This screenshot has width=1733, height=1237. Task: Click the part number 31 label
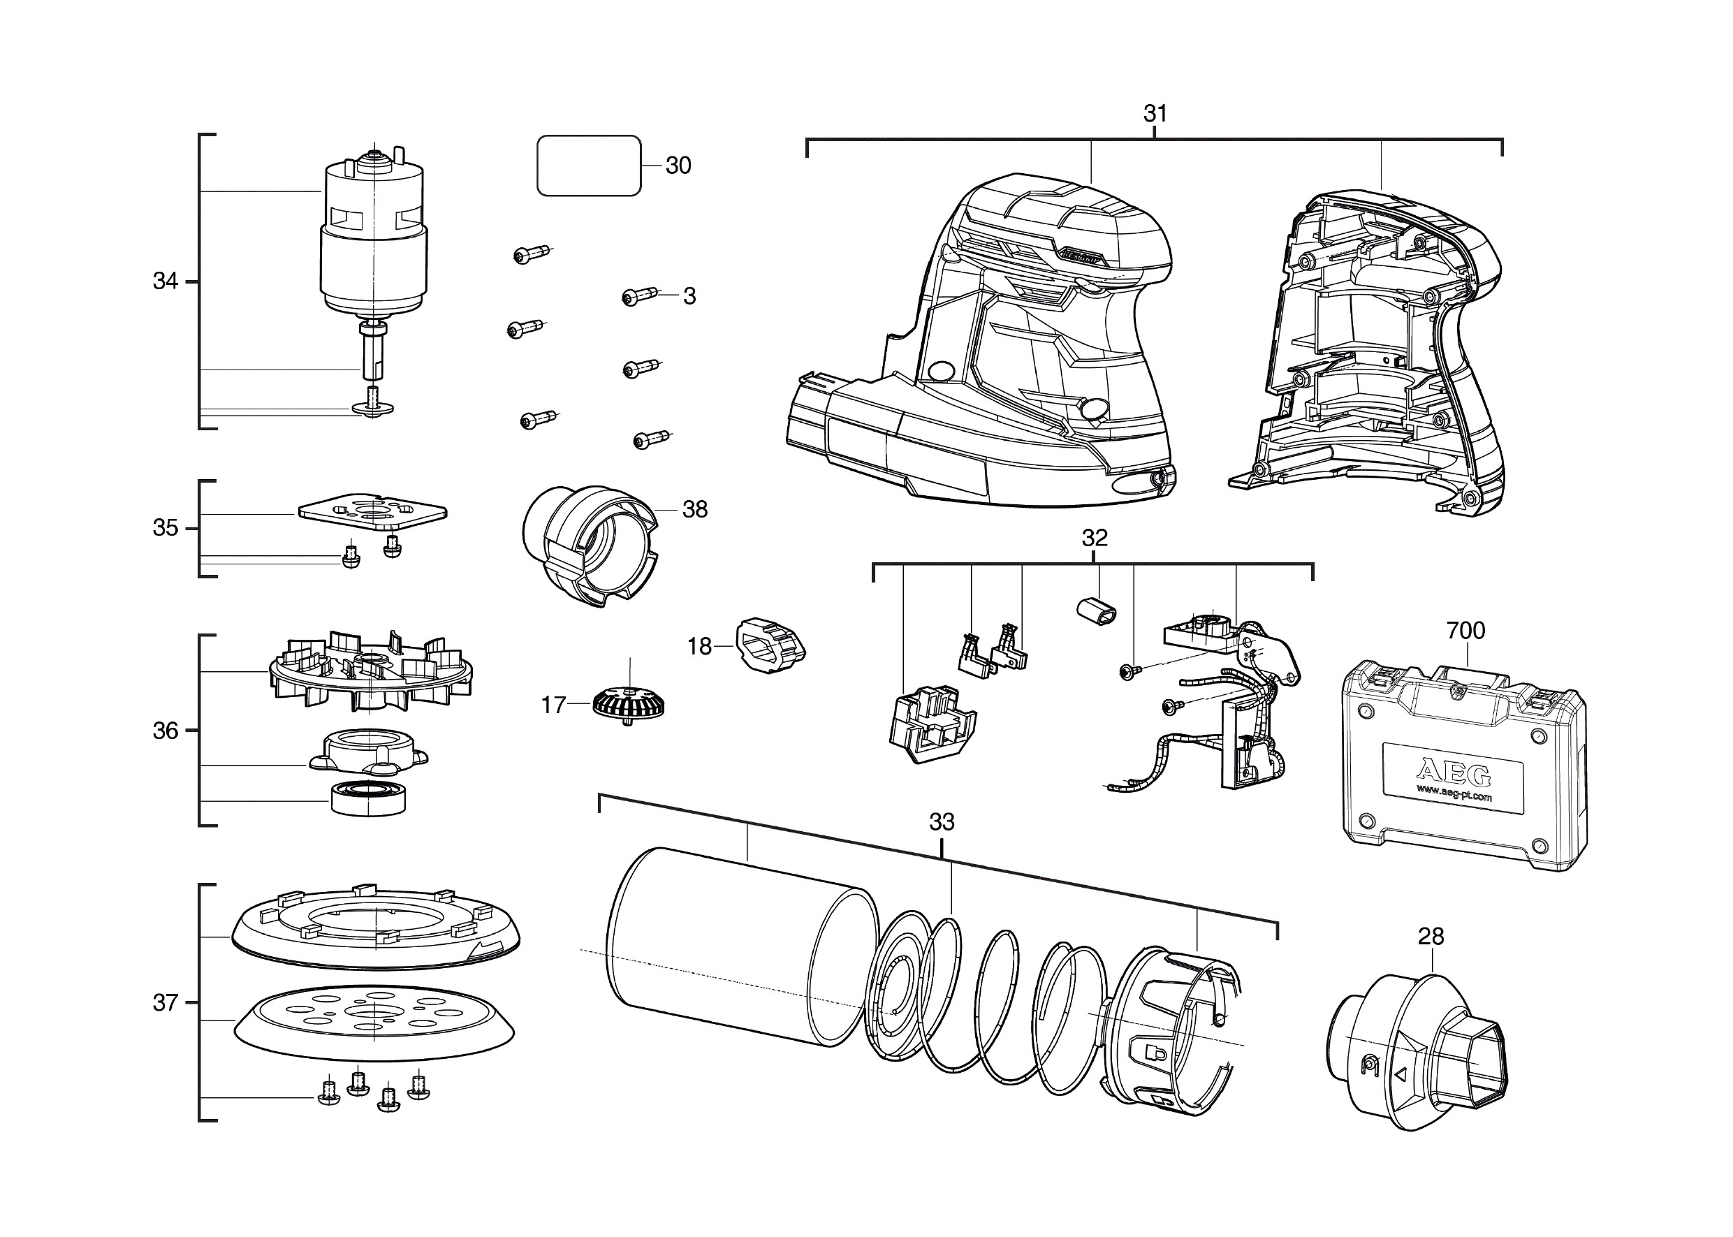coord(1155,113)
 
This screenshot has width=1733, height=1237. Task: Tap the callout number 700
coord(1465,631)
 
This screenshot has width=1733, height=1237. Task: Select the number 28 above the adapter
coord(1431,936)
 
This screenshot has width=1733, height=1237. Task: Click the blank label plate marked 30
coord(589,166)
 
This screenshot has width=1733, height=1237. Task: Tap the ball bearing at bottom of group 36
coord(369,798)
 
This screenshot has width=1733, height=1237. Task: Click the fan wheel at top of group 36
coord(370,672)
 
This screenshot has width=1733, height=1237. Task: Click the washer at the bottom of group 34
coord(373,409)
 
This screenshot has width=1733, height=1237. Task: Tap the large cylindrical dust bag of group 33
coord(743,949)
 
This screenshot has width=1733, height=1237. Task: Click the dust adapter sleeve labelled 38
coord(590,546)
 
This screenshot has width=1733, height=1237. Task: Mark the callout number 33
coord(942,822)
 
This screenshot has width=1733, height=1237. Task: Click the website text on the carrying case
coord(1454,793)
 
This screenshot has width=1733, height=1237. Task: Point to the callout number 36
coord(166,731)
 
